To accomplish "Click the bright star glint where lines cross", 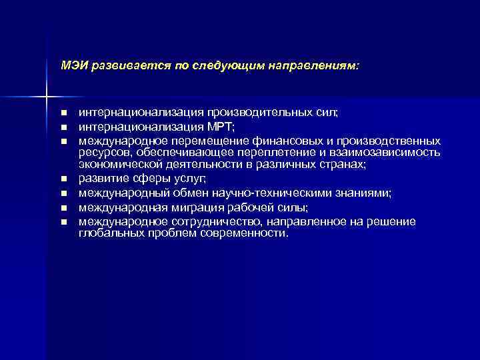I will tap(47, 97).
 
